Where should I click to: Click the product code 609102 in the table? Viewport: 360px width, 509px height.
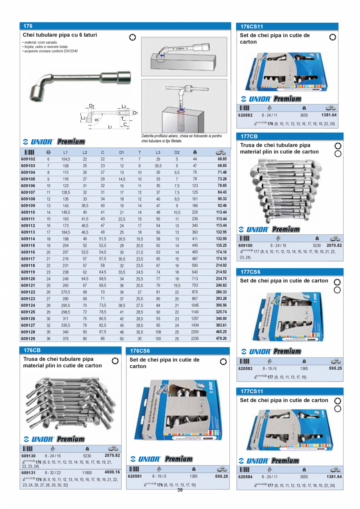tap(28, 159)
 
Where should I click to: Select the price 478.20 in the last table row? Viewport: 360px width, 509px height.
tap(220, 338)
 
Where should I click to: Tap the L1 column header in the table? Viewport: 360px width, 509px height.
tap(66, 152)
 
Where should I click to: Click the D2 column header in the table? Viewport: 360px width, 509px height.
tap(177, 152)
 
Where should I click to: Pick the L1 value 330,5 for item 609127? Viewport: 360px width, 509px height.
tap(66, 325)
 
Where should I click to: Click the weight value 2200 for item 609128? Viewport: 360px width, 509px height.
tap(195, 332)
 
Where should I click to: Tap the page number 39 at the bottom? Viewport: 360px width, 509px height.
tap(180, 490)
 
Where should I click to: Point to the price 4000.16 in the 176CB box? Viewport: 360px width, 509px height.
tap(112, 472)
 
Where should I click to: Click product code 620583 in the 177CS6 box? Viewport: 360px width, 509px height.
tap(245, 368)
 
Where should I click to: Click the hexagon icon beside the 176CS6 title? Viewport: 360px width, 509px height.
tap(223, 362)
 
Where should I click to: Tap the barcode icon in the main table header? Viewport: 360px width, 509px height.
tap(29, 152)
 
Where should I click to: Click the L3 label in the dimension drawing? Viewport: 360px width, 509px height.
tap(123, 106)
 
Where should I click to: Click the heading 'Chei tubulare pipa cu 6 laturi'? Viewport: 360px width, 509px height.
tap(60, 35)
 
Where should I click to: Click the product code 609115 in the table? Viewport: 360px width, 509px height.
tap(28, 246)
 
